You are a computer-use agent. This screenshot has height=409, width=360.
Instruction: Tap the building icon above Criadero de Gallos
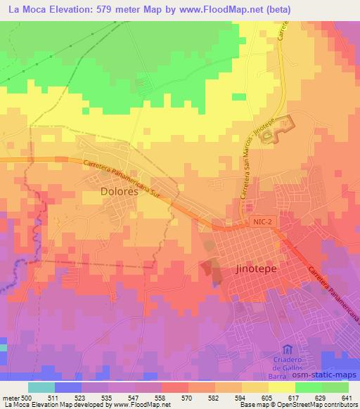coord(287,349)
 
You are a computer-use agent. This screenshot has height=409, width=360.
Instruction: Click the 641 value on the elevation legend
coord(346,397)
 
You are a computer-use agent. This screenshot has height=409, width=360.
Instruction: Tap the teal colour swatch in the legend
coord(41,387)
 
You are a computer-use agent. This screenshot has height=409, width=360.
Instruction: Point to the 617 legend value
coord(283,397)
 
